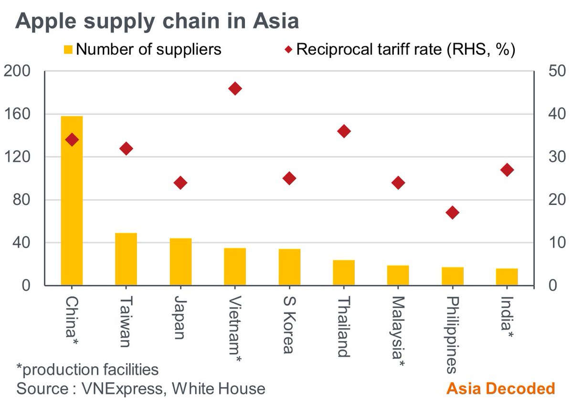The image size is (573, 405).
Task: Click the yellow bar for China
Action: pos(72,201)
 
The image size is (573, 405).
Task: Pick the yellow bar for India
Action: pos(507,277)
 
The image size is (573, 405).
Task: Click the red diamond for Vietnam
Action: pos(235,88)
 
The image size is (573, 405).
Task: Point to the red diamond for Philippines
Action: pos(452,213)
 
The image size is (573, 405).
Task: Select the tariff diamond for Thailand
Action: pos(344,131)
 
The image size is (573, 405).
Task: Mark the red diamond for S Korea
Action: pos(289,179)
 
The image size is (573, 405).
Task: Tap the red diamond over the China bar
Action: pos(72,140)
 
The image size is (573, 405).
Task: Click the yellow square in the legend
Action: pos(68,49)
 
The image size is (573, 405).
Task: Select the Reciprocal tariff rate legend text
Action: pos(405,49)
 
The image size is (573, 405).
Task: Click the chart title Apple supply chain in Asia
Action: pos(158,21)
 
